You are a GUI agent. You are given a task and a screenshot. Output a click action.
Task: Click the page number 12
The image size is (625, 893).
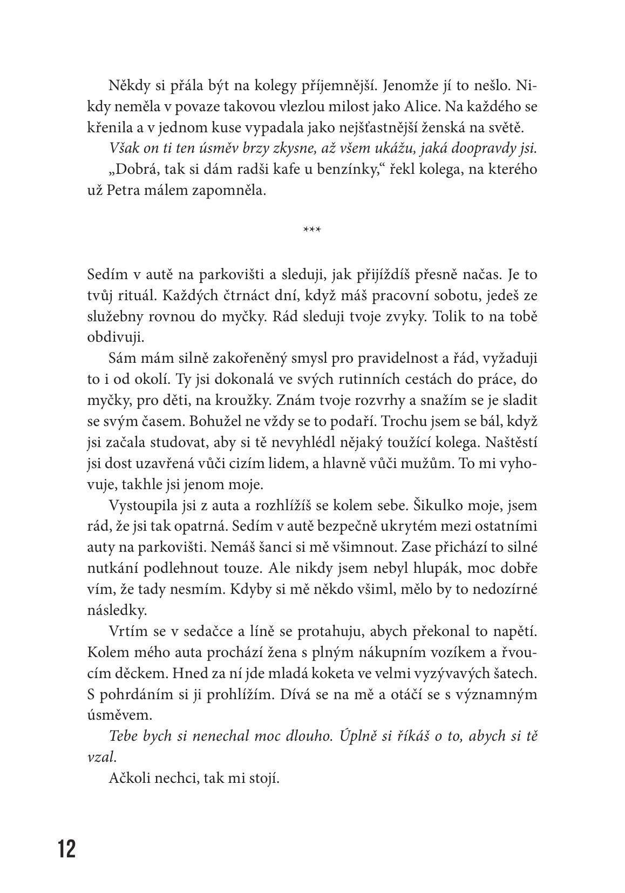coord(67,849)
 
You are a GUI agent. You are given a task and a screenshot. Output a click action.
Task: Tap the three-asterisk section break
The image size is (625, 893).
coord(312,231)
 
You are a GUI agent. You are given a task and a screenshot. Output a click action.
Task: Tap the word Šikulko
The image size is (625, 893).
coord(441,506)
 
